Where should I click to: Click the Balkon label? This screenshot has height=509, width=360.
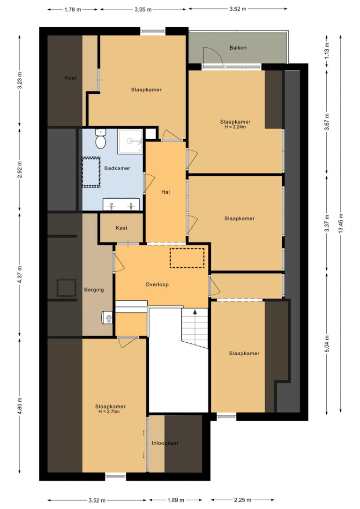[x=238, y=48]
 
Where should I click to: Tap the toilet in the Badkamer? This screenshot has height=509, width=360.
[x=101, y=139]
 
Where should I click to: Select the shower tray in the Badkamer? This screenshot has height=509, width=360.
[x=130, y=141]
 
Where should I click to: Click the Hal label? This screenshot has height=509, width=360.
[x=165, y=192]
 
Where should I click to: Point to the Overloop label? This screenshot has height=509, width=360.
[x=157, y=284]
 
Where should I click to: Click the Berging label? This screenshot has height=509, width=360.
[x=94, y=290]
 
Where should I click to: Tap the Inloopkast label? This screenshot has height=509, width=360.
[x=165, y=443]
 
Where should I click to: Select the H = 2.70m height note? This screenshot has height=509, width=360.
[x=109, y=412]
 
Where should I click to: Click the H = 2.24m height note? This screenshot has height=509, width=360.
[x=235, y=127]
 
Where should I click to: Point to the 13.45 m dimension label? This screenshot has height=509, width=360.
[x=340, y=224]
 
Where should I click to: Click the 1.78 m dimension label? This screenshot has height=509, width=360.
[x=72, y=9]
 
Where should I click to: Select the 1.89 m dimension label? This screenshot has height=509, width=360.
[x=176, y=500]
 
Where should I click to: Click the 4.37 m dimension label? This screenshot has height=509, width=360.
[x=20, y=274]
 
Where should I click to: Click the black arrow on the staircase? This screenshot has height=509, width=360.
[x=195, y=312]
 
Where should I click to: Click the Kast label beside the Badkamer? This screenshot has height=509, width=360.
[x=121, y=228]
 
